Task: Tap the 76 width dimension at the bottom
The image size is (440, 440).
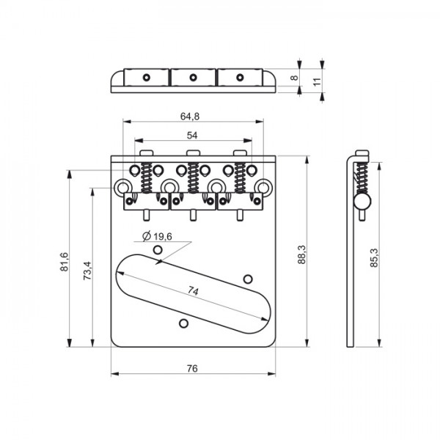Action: point(192,369)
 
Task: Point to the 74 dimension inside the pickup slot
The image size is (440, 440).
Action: point(193,291)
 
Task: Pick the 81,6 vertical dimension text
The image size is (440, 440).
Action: point(65,262)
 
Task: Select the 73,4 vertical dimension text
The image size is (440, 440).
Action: point(87,271)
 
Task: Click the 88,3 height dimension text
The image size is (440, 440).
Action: point(301,254)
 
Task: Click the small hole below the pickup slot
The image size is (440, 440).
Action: point(183,322)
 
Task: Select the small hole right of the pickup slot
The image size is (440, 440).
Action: point(248,278)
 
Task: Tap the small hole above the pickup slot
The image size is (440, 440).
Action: point(156,250)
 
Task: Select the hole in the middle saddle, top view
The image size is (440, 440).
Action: point(193,76)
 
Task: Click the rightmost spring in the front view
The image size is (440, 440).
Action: point(239,177)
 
